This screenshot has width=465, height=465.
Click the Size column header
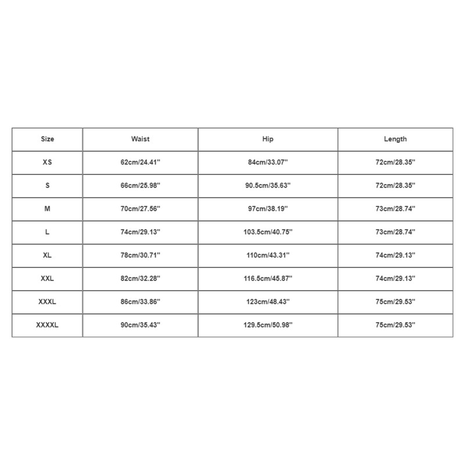tap(47, 139)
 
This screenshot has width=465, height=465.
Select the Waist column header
tap(140, 139)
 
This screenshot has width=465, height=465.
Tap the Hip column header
tap(267, 139)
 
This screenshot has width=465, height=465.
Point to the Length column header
tap(395, 139)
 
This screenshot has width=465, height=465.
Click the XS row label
tap(47, 163)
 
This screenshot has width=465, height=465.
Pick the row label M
tap(47, 209)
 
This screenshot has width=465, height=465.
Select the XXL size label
tap(47, 279)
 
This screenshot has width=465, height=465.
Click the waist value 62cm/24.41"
tap(140, 163)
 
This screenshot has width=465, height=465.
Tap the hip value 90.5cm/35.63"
tap(267, 186)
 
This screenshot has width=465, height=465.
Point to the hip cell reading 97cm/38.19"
tap(267, 209)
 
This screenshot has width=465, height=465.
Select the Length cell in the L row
tap(395, 233)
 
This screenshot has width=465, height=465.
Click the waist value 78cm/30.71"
tap(140, 256)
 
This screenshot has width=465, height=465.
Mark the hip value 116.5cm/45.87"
tap(267, 279)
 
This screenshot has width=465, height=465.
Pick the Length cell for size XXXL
tap(395, 302)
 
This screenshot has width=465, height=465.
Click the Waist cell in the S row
tap(140, 186)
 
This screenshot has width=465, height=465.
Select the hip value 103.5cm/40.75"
tap(267, 233)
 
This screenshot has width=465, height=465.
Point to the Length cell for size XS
tap(395, 163)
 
